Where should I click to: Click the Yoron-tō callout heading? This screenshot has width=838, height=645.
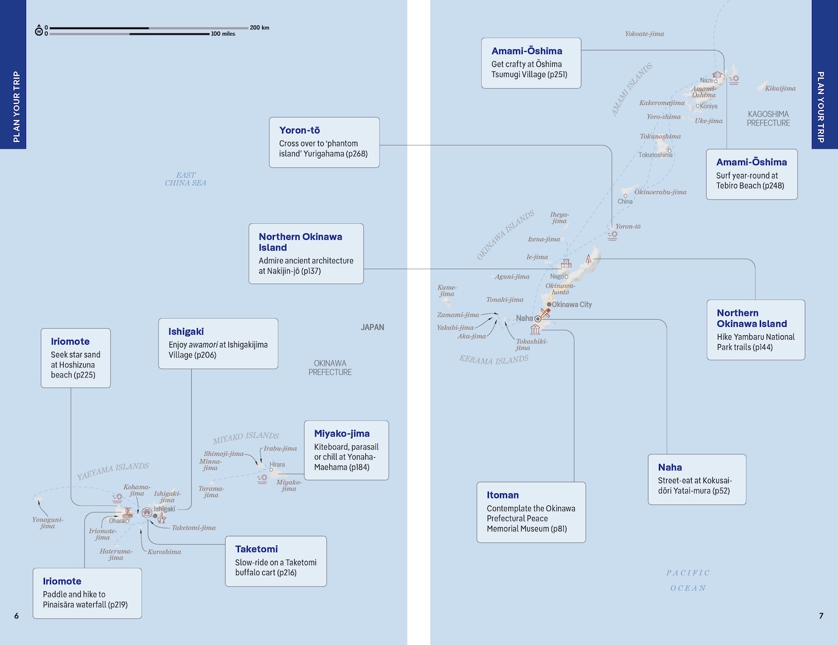[x=299, y=130]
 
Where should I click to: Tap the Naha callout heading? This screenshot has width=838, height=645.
[x=670, y=467]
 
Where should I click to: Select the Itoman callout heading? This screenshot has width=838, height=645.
[x=503, y=495]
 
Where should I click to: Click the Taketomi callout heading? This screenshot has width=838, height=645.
[x=257, y=549]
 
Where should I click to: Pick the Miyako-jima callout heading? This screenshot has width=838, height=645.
[x=341, y=434]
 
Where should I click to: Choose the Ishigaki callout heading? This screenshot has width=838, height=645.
[x=186, y=331]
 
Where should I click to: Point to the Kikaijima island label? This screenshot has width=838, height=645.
[x=780, y=88]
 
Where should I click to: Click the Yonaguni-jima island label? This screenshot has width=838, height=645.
[x=48, y=523]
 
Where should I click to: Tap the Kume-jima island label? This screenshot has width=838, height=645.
[x=447, y=291]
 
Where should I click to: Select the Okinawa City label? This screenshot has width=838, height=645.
[x=571, y=305]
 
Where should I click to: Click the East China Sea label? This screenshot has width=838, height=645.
[x=186, y=179]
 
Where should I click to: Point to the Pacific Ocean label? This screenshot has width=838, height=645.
[x=688, y=580]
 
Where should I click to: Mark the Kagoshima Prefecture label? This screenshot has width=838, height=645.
[x=768, y=119]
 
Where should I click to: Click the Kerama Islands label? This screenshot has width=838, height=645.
[x=494, y=359]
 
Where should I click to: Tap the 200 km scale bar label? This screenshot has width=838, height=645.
[x=259, y=28]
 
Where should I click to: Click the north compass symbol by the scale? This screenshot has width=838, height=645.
[x=39, y=30]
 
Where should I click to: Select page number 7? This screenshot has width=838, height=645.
[x=821, y=616]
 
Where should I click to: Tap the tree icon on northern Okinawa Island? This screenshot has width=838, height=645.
[x=588, y=259]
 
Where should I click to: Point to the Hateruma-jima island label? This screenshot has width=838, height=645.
[x=116, y=554]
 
